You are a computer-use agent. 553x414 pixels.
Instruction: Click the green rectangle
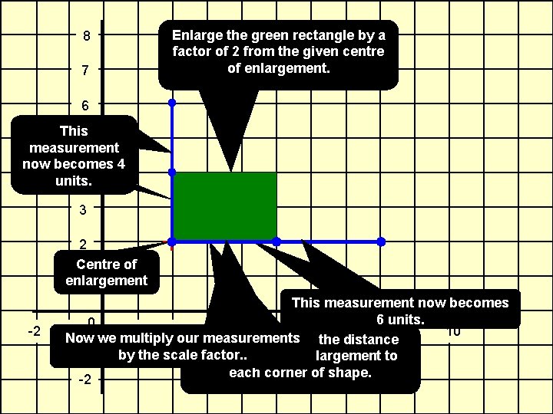pyautogui.click(x=224, y=205)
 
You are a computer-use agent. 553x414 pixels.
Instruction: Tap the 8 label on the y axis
pyautogui.click(x=87, y=36)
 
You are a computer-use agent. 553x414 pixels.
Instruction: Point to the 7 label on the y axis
pyautogui.click(x=87, y=71)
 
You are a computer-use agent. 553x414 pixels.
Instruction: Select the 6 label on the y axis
pyautogui.click(x=87, y=105)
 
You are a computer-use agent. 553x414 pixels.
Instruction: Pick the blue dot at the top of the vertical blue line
pyautogui.click(x=172, y=102)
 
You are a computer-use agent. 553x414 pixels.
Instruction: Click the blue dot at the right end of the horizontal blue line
pyautogui.click(x=381, y=242)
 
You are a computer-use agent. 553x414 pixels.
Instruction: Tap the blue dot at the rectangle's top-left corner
pyautogui.click(x=172, y=172)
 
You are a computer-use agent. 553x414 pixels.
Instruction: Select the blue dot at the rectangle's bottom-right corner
pyautogui.click(x=276, y=242)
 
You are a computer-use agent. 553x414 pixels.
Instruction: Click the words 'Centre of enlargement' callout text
pyautogui.click(x=106, y=272)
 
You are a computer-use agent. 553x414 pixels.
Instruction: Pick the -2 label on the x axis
pyautogui.click(x=33, y=331)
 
